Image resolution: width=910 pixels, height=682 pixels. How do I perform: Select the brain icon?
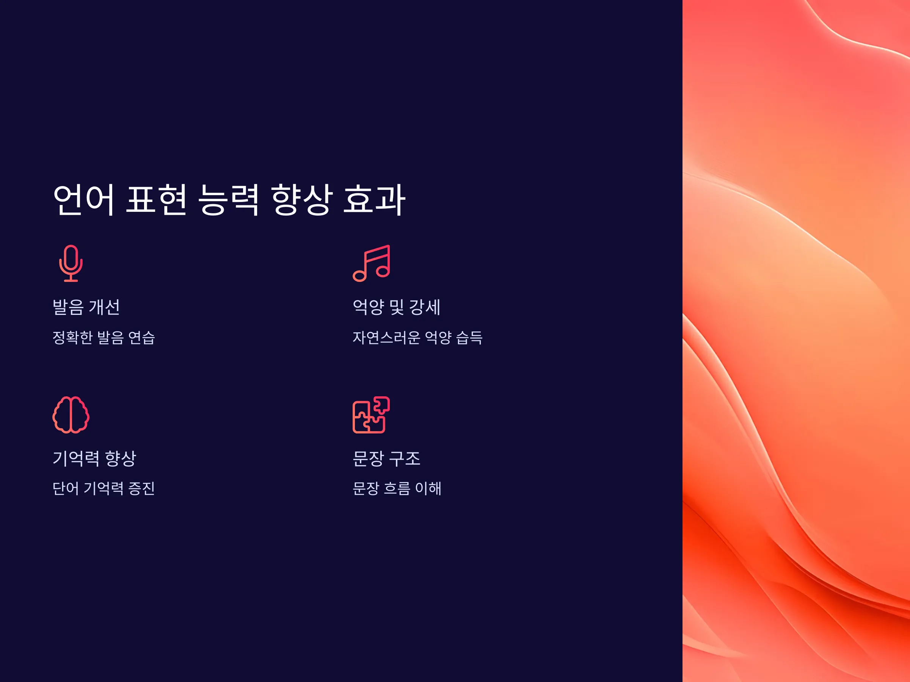coord(71,415)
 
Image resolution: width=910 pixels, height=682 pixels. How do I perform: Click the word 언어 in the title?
coord(83,200)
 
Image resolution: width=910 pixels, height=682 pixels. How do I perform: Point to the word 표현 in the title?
coord(156,200)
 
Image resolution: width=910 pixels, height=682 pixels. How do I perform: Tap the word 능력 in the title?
coord(229,200)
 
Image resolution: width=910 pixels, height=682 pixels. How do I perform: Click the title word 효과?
coord(374,200)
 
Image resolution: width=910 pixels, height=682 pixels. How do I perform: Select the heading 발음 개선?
coord(86,307)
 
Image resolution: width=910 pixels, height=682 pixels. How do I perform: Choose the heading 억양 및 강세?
coord(397,307)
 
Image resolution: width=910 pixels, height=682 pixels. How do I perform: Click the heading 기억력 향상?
coord(94,458)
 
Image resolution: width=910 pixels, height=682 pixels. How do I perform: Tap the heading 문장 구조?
coord(387,458)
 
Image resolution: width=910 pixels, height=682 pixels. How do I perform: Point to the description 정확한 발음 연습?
coord(104,338)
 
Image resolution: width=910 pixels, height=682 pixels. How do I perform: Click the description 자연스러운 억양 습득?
coord(417,338)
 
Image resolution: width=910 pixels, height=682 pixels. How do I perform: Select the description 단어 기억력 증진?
coord(104,488)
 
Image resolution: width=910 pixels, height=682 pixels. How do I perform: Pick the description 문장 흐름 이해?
coord(397,488)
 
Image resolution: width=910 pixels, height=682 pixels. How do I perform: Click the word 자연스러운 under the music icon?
coord(387,338)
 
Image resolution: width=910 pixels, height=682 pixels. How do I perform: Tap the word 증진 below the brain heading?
coord(141,488)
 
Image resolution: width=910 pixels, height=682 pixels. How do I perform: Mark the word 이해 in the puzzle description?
coord(428,488)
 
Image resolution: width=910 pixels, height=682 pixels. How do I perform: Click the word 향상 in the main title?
coord(301,200)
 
